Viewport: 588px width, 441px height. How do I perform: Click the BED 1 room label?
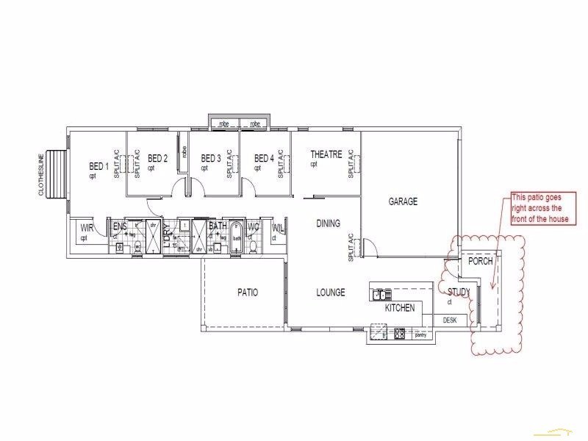[x=98, y=166]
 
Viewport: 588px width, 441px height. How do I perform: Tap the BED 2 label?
[x=158, y=158]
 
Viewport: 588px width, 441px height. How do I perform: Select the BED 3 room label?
[x=211, y=158]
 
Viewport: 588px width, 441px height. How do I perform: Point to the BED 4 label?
[x=264, y=158]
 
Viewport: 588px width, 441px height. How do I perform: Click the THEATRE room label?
[x=326, y=154]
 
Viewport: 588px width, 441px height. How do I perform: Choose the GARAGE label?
[x=403, y=201]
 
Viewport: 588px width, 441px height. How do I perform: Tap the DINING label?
[x=329, y=223]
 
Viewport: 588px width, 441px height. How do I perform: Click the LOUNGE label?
[x=331, y=293]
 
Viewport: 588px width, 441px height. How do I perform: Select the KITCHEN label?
[x=400, y=309]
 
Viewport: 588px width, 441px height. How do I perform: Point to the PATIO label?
[x=248, y=293]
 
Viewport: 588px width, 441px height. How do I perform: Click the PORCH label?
[x=481, y=262]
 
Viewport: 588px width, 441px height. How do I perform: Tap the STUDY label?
[x=459, y=293]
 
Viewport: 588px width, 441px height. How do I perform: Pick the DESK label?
[x=450, y=320]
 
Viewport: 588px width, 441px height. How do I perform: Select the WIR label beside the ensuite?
[x=87, y=228]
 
